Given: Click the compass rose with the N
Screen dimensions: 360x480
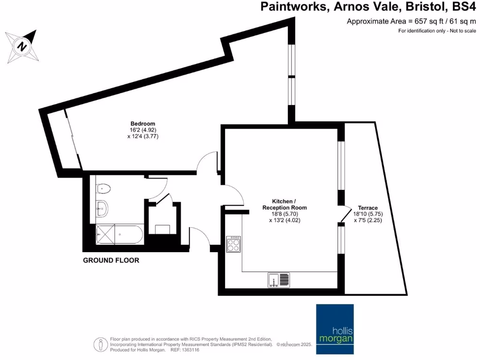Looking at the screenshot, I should (22, 46).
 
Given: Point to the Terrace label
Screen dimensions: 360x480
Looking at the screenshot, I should (367, 208).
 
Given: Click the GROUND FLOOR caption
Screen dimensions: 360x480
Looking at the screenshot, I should (111, 260).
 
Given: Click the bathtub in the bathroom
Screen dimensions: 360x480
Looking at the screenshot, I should (119, 234).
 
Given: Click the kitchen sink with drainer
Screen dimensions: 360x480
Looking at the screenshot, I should (279, 280).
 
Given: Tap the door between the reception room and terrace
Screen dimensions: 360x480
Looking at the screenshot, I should (346, 215).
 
